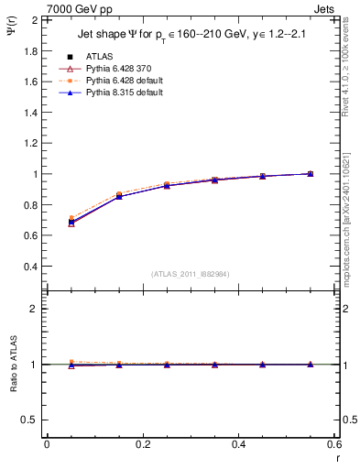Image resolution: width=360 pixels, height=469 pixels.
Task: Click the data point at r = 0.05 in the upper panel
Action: [71, 222]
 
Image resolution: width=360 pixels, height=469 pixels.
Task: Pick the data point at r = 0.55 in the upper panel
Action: [311, 173]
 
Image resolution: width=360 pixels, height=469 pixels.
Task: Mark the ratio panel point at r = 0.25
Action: [167, 365]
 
